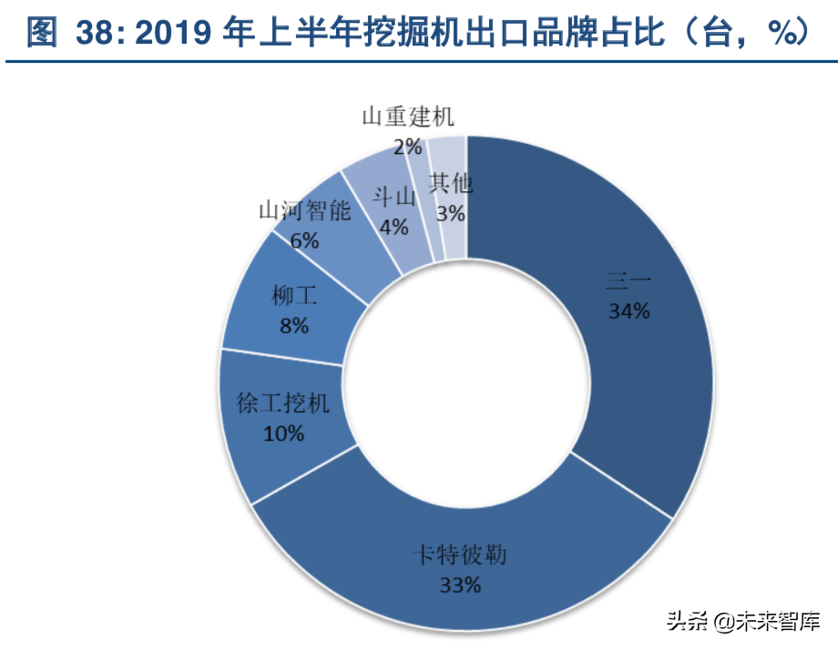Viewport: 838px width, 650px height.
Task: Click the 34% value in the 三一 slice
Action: click(629, 311)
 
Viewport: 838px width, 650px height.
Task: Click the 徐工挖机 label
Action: click(283, 403)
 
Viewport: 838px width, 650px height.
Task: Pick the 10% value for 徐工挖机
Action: click(283, 433)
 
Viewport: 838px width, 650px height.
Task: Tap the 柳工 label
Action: click(294, 295)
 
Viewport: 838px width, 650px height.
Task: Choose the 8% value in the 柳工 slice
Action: click(294, 325)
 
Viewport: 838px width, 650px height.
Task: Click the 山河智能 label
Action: click(304, 211)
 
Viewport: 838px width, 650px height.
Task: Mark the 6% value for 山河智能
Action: click(304, 240)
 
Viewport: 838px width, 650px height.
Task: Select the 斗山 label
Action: click(394, 197)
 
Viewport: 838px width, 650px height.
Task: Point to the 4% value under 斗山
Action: click(394, 227)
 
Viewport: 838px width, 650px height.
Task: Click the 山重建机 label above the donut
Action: click(407, 117)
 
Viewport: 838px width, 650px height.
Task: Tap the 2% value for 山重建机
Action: click(407, 146)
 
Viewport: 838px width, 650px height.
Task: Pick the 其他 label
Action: click(451, 184)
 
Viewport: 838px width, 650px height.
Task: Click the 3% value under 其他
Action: click(451, 214)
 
